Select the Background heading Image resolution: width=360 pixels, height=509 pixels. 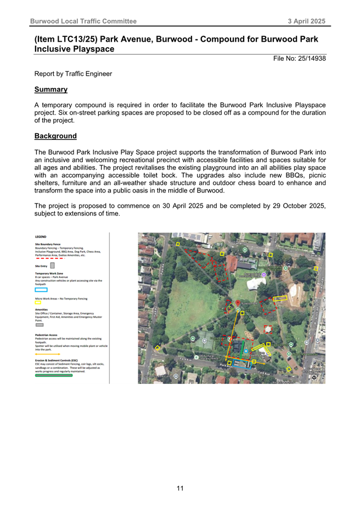tap(55, 135)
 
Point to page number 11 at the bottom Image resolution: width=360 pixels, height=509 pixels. tap(180, 488)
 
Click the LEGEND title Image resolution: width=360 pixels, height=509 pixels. tap(41, 237)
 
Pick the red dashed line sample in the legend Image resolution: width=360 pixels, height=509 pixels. tap(50, 258)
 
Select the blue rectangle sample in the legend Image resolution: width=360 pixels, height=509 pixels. tap(41, 290)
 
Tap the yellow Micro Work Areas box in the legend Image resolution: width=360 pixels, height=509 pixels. tap(38, 302)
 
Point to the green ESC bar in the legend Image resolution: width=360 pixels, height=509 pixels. tap(53, 375)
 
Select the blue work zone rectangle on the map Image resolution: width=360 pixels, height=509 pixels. tap(242, 363)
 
